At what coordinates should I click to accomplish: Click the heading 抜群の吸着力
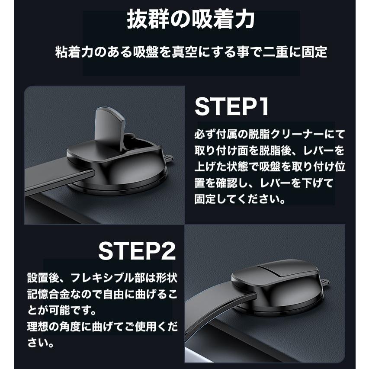190,20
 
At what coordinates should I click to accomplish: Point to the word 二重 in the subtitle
269,52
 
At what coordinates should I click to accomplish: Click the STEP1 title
232,107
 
